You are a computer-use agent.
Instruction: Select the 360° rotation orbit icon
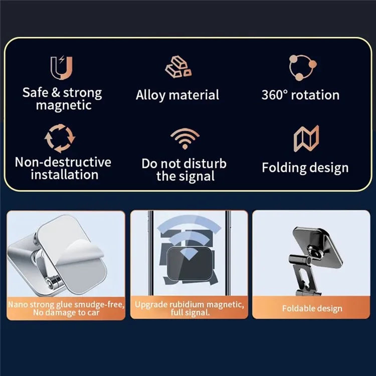(302, 67)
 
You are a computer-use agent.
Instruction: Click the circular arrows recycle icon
(60, 138)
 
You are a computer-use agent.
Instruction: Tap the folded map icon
(306, 139)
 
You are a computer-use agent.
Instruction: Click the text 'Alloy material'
(177, 95)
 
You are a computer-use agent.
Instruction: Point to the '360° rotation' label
(300, 95)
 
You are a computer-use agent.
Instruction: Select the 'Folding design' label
(305, 167)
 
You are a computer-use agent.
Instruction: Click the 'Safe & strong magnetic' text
(62, 99)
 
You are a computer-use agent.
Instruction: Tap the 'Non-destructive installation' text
(63, 168)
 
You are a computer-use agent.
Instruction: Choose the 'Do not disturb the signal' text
(184, 170)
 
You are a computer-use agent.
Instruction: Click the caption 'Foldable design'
(311, 308)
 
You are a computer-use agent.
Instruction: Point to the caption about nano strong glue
(66, 308)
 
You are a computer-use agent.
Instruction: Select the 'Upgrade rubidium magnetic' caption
(189, 308)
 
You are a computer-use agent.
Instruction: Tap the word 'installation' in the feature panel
(64, 175)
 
